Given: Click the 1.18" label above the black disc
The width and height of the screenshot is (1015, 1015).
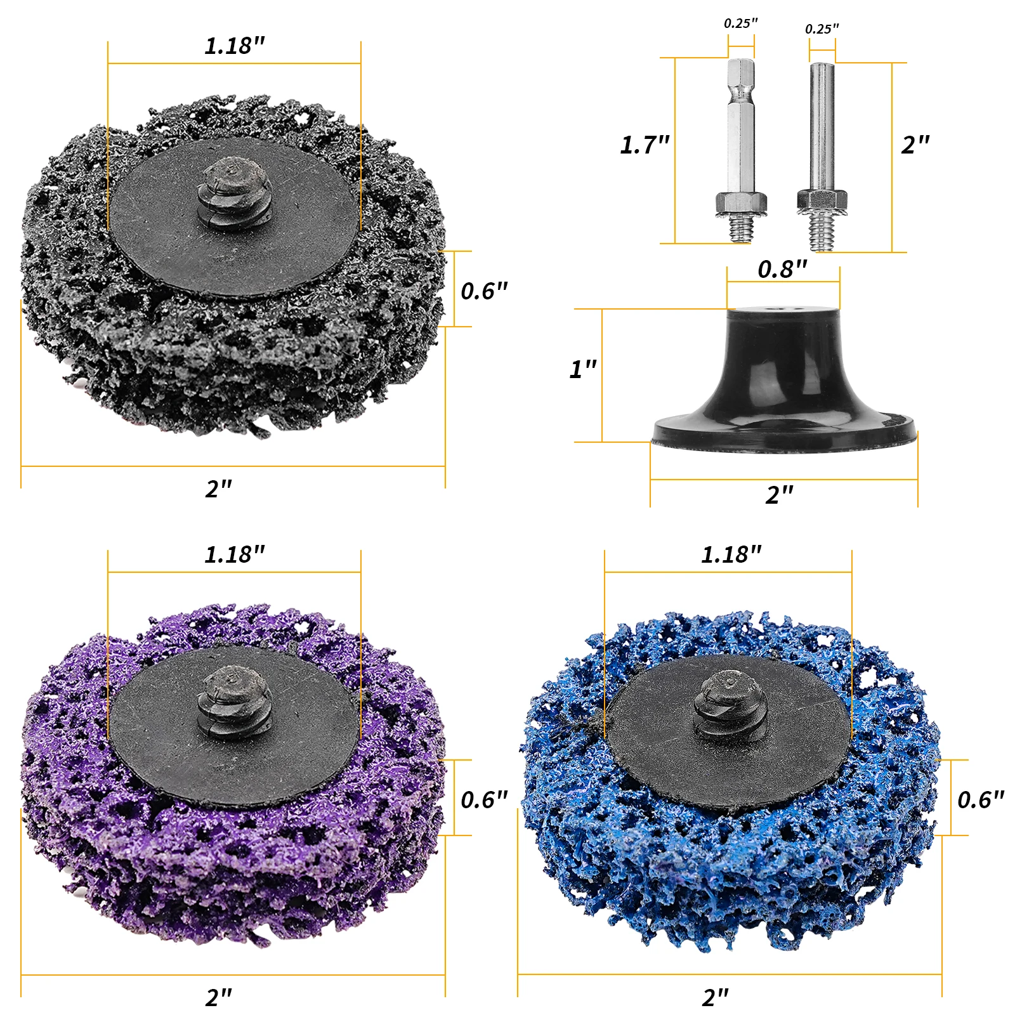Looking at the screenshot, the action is tap(234, 46).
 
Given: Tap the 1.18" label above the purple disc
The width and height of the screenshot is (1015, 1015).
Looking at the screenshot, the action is tap(234, 555).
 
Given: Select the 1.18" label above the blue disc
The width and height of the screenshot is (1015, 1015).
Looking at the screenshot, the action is tap(731, 555).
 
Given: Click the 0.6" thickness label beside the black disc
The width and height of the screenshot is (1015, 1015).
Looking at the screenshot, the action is tap(484, 291).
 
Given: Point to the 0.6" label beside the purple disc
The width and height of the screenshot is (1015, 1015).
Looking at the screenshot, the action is tap(484, 800).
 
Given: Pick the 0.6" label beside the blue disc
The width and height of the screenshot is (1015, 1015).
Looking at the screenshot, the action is tap(981, 800).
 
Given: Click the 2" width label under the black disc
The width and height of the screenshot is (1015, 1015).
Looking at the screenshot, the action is tap(219, 489).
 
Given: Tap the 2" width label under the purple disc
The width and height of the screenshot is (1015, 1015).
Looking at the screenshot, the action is tap(219, 998).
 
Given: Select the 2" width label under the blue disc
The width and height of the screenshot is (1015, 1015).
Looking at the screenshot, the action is tap(716, 998).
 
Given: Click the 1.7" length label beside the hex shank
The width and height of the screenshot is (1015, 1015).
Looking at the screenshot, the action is tap(645, 145).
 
